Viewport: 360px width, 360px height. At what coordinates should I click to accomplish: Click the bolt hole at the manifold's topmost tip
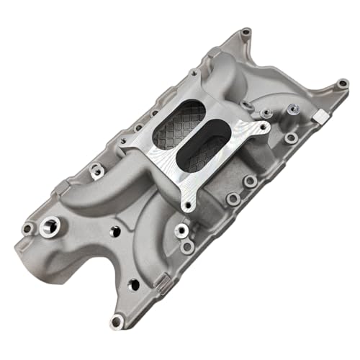[x=246, y=32]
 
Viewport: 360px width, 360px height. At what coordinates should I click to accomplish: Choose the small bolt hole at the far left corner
[x=28, y=229]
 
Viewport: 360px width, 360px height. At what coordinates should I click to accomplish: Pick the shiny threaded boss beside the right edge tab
[x=292, y=109]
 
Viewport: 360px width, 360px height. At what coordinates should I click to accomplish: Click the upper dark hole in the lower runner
[x=114, y=232]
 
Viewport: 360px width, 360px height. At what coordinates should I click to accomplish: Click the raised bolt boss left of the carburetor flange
[x=94, y=171]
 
